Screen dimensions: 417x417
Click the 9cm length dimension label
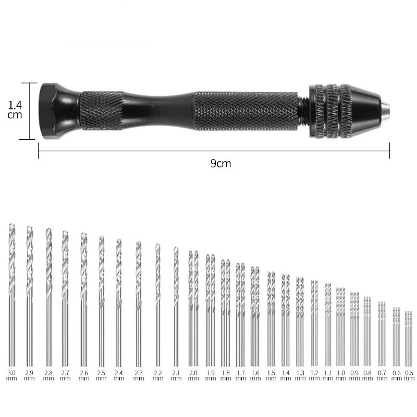(220, 163)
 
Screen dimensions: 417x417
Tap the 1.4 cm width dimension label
(15, 110)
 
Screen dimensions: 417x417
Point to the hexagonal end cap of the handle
(60, 111)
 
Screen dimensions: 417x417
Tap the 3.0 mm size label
(11, 375)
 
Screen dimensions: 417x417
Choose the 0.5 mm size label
(409, 375)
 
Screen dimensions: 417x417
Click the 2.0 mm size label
(193, 375)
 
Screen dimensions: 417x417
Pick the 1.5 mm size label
(271, 375)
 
